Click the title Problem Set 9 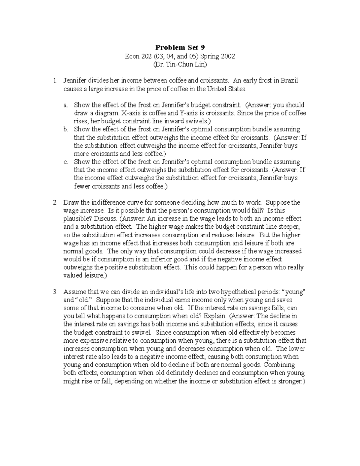(180, 48)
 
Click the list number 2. (55, 203)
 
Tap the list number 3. (55, 292)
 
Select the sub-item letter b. (66, 129)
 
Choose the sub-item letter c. (66, 162)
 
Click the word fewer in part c (82, 186)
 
